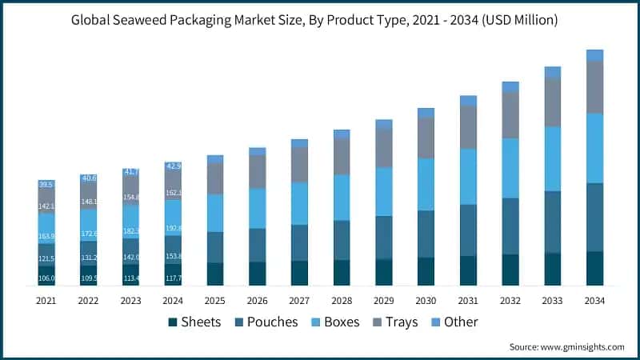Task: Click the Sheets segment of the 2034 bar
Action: point(594,269)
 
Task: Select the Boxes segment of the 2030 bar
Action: point(426,184)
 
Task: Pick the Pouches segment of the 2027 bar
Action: point(299,242)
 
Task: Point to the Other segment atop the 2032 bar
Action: point(510,86)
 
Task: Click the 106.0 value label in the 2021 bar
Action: point(46,278)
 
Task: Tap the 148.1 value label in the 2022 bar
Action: point(89,202)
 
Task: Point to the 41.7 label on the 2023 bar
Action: point(130,172)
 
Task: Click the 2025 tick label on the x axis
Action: point(214,300)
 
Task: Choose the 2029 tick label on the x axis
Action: point(383,300)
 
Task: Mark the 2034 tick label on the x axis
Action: point(594,300)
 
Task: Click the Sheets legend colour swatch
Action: point(173,322)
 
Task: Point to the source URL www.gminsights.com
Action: point(582,346)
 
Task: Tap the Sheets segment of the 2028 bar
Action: point(342,273)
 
